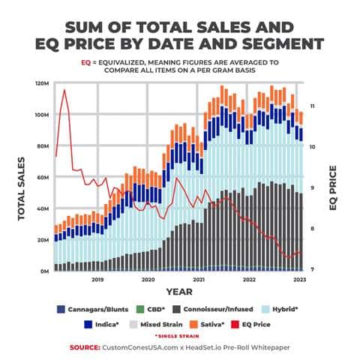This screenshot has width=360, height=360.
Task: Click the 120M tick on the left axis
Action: pyautogui.click(x=42, y=83)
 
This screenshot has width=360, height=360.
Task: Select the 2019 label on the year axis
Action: pyautogui.click(x=97, y=279)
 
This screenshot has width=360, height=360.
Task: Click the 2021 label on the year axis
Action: pyautogui.click(x=199, y=279)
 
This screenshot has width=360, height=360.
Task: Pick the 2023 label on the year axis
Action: pyautogui.click(x=298, y=279)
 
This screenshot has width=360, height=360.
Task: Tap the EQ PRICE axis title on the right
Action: pyautogui.click(x=334, y=187)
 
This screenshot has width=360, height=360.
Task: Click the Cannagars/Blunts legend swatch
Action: pyautogui.click(x=61, y=308)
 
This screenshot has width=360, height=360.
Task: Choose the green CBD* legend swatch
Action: pyautogui.click(x=138, y=308)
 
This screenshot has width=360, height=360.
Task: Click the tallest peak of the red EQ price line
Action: pyautogui.click(x=64, y=90)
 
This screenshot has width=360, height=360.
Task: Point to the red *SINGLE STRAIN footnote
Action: pyautogui.click(x=178, y=335)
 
